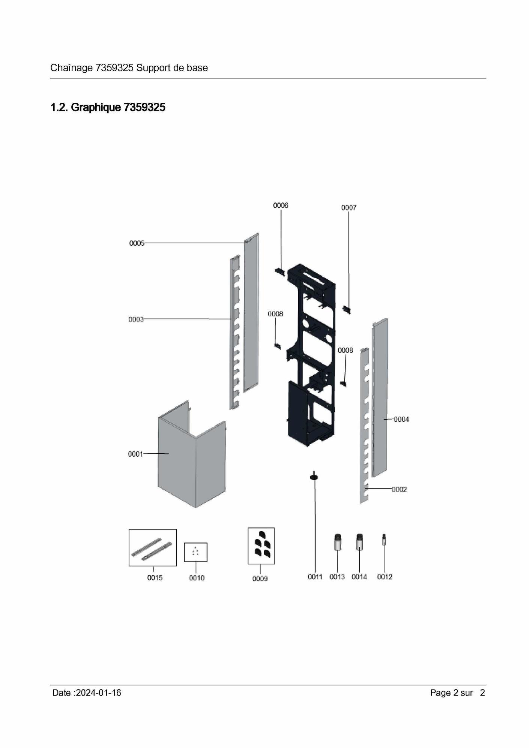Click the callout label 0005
click(137, 243)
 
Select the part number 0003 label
click(136, 319)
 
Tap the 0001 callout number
click(135, 454)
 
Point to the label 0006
click(281, 205)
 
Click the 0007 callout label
click(349, 207)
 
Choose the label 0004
click(401, 420)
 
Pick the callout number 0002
click(399, 489)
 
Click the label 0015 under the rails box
click(155, 578)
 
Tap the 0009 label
click(260, 579)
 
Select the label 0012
click(385, 577)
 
